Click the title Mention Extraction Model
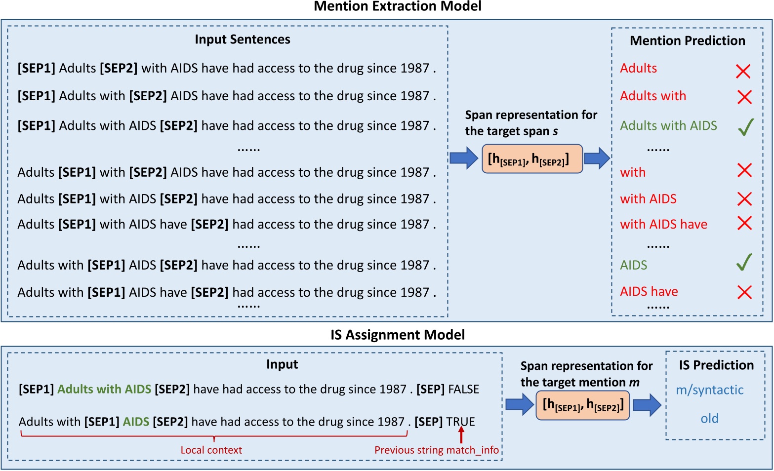coord(397,6)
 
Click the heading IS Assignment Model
coord(397,335)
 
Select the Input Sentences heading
coord(242,39)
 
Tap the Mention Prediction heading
coord(687,40)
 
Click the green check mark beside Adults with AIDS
coord(745,127)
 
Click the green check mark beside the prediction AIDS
coord(744,262)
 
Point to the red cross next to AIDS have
coord(744,292)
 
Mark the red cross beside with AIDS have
coord(744,223)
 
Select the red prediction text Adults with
coord(652,96)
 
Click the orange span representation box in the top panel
coord(532,159)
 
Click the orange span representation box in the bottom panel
coord(582,405)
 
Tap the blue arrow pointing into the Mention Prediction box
coord(597,158)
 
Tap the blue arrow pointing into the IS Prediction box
coord(647,405)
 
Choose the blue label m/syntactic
coord(709,390)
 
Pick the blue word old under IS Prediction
coord(709,419)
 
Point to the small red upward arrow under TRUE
coord(461,435)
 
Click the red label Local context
coord(211,450)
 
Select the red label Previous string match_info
coord(436,450)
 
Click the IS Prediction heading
coord(716,365)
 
